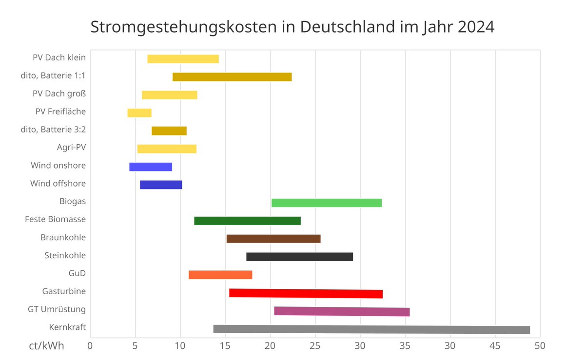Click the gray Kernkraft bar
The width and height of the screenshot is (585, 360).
tap(371, 330)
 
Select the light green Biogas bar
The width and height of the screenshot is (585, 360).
tap(327, 203)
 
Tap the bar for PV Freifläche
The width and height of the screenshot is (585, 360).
tap(139, 113)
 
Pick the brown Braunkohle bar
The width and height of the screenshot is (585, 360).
tap(273, 239)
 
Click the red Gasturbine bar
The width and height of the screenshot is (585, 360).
tap(306, 293)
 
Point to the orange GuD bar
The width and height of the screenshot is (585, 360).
tap(220, 275)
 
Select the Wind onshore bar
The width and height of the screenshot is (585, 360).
tap(151, 167)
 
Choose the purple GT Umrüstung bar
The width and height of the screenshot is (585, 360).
tap(342, 311)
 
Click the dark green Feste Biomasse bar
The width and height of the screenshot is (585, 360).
tap(247, 221)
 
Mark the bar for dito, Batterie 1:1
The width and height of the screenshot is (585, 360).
tap(232, 77)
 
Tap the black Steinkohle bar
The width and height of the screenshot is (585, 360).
tap(299, 257)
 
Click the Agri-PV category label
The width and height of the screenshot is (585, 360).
tap(71, 148)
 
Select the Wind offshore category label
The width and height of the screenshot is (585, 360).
tap(58, 184)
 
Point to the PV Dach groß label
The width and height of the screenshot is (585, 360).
tap(59, 94)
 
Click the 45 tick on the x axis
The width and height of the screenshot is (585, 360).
tap(495, 346)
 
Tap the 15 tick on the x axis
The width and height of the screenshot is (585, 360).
tap(225, 346)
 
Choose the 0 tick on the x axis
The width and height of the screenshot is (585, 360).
tap(90, 346)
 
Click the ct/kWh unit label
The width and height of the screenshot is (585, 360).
tap(46, 346)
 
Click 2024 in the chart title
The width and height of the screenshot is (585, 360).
tap(476, 27)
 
